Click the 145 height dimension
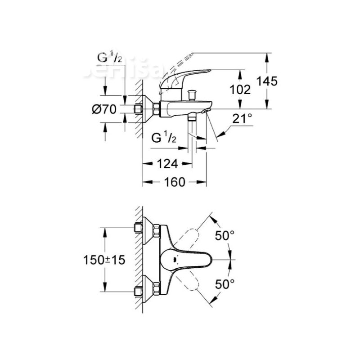267,81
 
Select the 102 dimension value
240,89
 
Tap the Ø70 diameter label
104,109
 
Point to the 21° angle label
242,119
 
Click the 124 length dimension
167,163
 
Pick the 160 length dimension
174,182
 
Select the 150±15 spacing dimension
104,260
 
